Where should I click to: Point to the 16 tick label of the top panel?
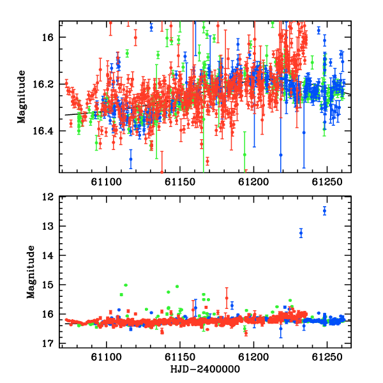tap(47, 38)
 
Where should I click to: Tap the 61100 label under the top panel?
tap(106, 182)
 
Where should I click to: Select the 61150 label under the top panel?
tap(180, 182)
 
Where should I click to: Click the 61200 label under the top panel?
tap(253, 182)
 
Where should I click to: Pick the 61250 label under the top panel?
tap(327, 182)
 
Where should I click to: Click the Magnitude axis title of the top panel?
tap(22, 97)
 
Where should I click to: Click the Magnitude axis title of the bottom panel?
tap(31, 272)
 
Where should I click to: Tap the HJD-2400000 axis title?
tap(205, 369)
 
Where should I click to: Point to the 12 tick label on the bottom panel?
tap(47, 197)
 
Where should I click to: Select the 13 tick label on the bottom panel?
tap(47, 227)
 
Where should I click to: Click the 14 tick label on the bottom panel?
tap(47, 256)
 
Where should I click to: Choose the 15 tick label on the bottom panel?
tap(47, 285)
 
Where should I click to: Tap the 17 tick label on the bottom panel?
tap(47, 343)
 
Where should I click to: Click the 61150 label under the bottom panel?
tap(180, 357)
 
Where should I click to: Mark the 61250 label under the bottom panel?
tap(327, 357)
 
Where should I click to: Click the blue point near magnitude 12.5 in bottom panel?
tap(324, 211)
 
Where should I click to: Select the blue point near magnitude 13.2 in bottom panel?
tap(301, 233)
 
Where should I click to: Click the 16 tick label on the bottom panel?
tap(47, 314)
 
